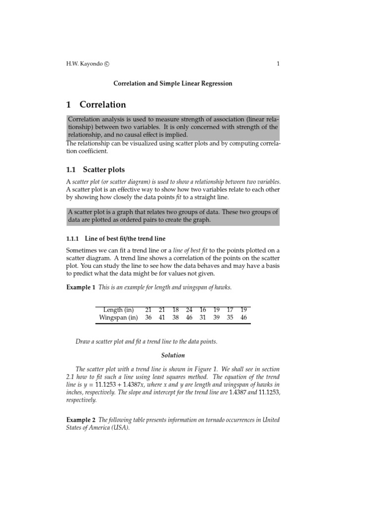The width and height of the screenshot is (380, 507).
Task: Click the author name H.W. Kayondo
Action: pos(84,64)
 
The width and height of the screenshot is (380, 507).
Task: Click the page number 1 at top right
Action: pos(278,64)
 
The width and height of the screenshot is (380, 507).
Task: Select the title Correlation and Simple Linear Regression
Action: pos(173,84)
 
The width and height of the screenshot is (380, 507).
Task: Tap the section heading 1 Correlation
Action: pos(96,104)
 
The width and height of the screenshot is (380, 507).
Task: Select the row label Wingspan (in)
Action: pos(119,318)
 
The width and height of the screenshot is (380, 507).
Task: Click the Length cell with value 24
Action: pos(189,310)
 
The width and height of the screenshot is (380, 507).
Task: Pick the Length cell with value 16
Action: pos(203,310)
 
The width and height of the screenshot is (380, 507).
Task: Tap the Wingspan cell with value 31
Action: pos(203,318)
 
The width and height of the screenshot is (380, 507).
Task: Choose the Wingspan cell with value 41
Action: pos(162,318)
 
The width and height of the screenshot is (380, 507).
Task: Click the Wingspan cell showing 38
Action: pos(175,318)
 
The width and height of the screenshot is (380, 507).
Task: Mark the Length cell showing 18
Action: pos(175,310)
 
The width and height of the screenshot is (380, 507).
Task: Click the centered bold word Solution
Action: pos(173,355)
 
